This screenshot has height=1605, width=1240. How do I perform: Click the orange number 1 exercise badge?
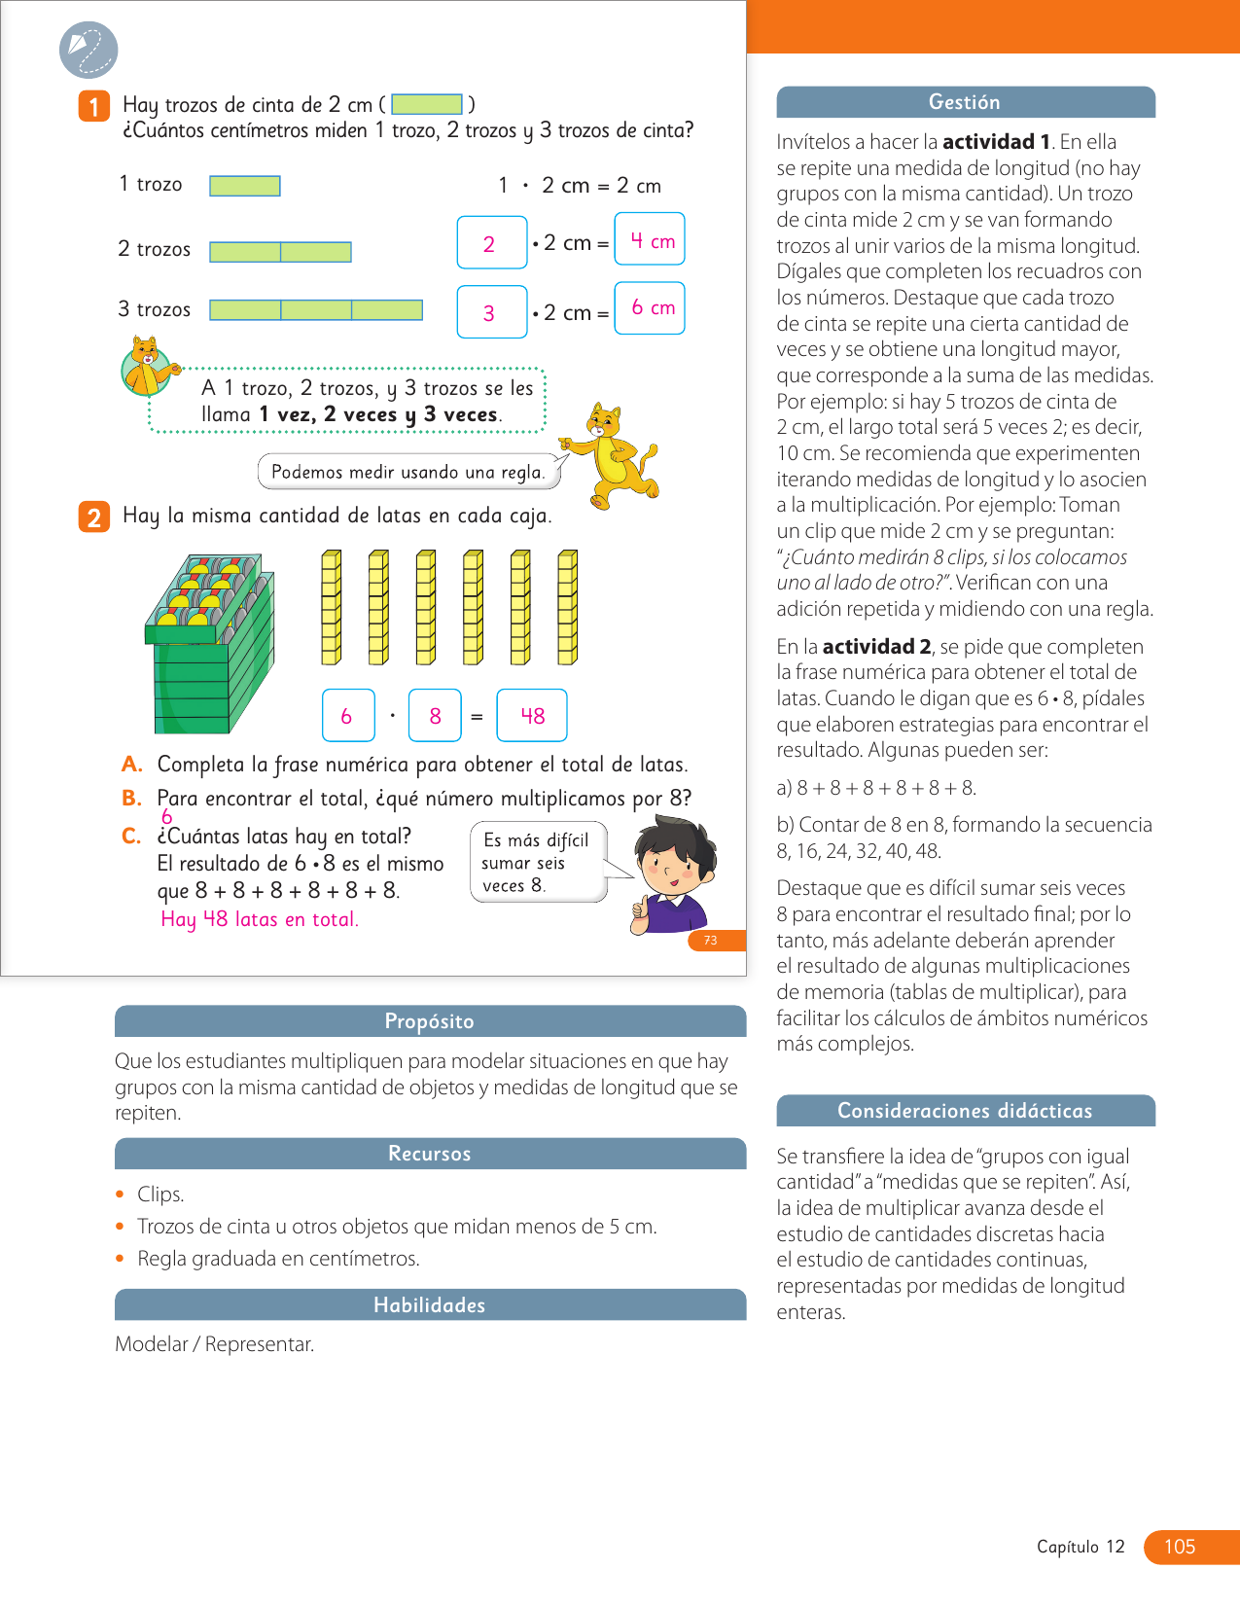tap(93, 106)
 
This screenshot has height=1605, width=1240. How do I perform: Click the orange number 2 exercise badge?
tap(93, 517)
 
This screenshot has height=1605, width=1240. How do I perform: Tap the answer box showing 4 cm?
tap(650, 239)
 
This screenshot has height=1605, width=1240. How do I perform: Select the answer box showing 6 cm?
tap(650, 308)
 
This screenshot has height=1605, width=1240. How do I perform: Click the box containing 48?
tap(532, 716)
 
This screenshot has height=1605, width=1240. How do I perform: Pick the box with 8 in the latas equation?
tap(435, 716)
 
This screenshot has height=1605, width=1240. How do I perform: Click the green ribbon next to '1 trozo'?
tap(245, 186)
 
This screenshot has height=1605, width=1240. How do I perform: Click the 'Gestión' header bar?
tap(966, 102)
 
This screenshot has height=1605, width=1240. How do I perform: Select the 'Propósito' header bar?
tap(430, 1021)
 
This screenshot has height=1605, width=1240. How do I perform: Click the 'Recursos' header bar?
tap(430, 1154)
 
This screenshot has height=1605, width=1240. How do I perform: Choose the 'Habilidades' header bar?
tap(430, 1305)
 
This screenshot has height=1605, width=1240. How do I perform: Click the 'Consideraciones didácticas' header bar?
tap(966, 1111)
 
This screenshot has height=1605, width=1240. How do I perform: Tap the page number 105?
tap(1180, 1547)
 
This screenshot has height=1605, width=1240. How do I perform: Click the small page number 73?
tap(711, 941)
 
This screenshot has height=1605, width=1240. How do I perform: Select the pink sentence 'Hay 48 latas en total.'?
tap(260, 919)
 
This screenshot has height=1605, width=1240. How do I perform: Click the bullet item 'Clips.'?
tap(160, 1195)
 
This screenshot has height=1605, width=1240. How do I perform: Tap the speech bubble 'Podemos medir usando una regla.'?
tap(408, 473)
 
